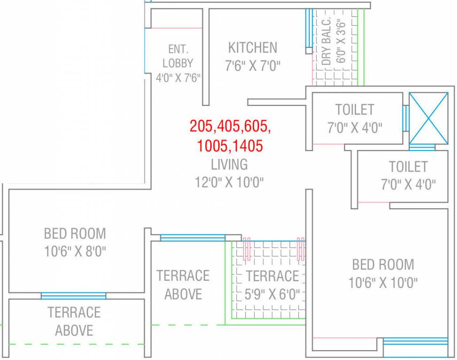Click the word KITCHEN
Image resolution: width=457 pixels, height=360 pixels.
252,47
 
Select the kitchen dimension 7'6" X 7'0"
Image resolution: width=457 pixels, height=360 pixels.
252,66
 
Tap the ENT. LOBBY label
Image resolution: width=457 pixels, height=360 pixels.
178,56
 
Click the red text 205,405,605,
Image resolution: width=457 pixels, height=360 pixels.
230,126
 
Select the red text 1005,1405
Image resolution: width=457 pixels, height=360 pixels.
230,146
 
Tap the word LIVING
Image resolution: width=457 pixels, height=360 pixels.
229,165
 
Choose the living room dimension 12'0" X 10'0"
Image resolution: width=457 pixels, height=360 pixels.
229,182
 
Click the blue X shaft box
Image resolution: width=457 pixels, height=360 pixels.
428,118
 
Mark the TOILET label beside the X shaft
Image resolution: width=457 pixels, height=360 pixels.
355,110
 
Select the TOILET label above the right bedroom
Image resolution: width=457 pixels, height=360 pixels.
408,166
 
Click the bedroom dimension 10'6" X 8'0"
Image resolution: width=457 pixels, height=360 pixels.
75,252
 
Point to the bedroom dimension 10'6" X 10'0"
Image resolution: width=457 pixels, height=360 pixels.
383,283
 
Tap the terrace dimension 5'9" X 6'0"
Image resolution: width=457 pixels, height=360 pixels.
273,295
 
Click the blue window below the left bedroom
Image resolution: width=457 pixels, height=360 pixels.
73,296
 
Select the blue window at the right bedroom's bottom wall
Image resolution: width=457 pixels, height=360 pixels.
415,341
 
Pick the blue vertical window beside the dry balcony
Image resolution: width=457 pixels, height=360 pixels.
308,28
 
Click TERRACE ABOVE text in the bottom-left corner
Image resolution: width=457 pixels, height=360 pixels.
74,321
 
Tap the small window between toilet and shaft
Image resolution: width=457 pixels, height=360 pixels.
405,118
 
